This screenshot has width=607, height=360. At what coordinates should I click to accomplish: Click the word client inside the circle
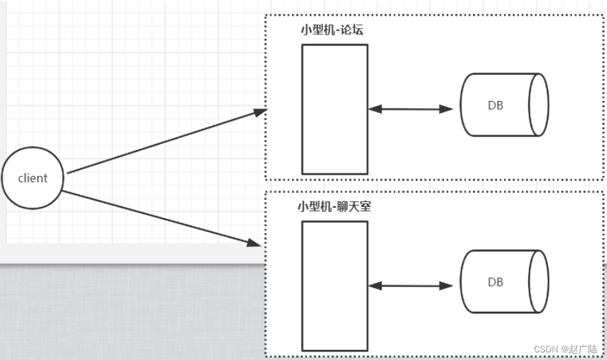click(x=33, y=178)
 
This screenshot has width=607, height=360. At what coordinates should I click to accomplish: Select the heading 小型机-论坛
click(x=332, y=30)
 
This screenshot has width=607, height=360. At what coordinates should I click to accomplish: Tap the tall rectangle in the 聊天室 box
click(x=335, y=286)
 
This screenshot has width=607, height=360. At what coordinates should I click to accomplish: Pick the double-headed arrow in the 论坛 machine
click(x=410, y=109)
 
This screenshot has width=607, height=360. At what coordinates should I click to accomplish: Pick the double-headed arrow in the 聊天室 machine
click(x=410, y=286)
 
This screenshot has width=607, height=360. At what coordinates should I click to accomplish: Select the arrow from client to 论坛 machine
click(x=165, y=142)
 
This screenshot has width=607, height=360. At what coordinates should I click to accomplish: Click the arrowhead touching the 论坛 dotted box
click(x=260, y=112)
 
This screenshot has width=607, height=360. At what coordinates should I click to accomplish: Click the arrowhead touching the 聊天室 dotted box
click(x=255, y=242)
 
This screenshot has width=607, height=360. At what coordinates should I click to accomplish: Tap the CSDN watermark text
click(x=545, y=349)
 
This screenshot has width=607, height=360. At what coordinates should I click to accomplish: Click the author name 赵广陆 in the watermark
click(x=584, y=349)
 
